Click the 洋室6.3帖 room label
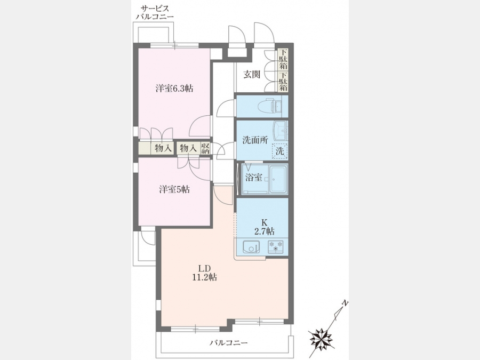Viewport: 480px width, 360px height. pos(174,89)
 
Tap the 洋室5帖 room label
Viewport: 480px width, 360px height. pos(174,189)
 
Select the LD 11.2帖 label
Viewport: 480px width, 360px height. pos(204,273)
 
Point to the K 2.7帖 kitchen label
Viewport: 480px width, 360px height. pos(264,227)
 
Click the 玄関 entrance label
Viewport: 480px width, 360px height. pos(252,74)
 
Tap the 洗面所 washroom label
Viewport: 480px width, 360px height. pos(255,140)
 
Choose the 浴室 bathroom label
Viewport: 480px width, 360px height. pos(254,177)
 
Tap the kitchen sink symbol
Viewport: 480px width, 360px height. pos(251,247)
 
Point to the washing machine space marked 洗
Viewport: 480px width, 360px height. pos(280,151)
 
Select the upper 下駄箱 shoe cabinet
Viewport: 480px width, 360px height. pos(283,59)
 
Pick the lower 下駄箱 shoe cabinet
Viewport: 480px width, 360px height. pos(283,82)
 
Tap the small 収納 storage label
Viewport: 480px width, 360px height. pos(205,148)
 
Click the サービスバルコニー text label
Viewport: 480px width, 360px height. pos(155,12)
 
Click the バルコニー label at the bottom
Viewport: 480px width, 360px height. pos(228,342)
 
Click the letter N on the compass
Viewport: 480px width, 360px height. pos(345,303)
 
